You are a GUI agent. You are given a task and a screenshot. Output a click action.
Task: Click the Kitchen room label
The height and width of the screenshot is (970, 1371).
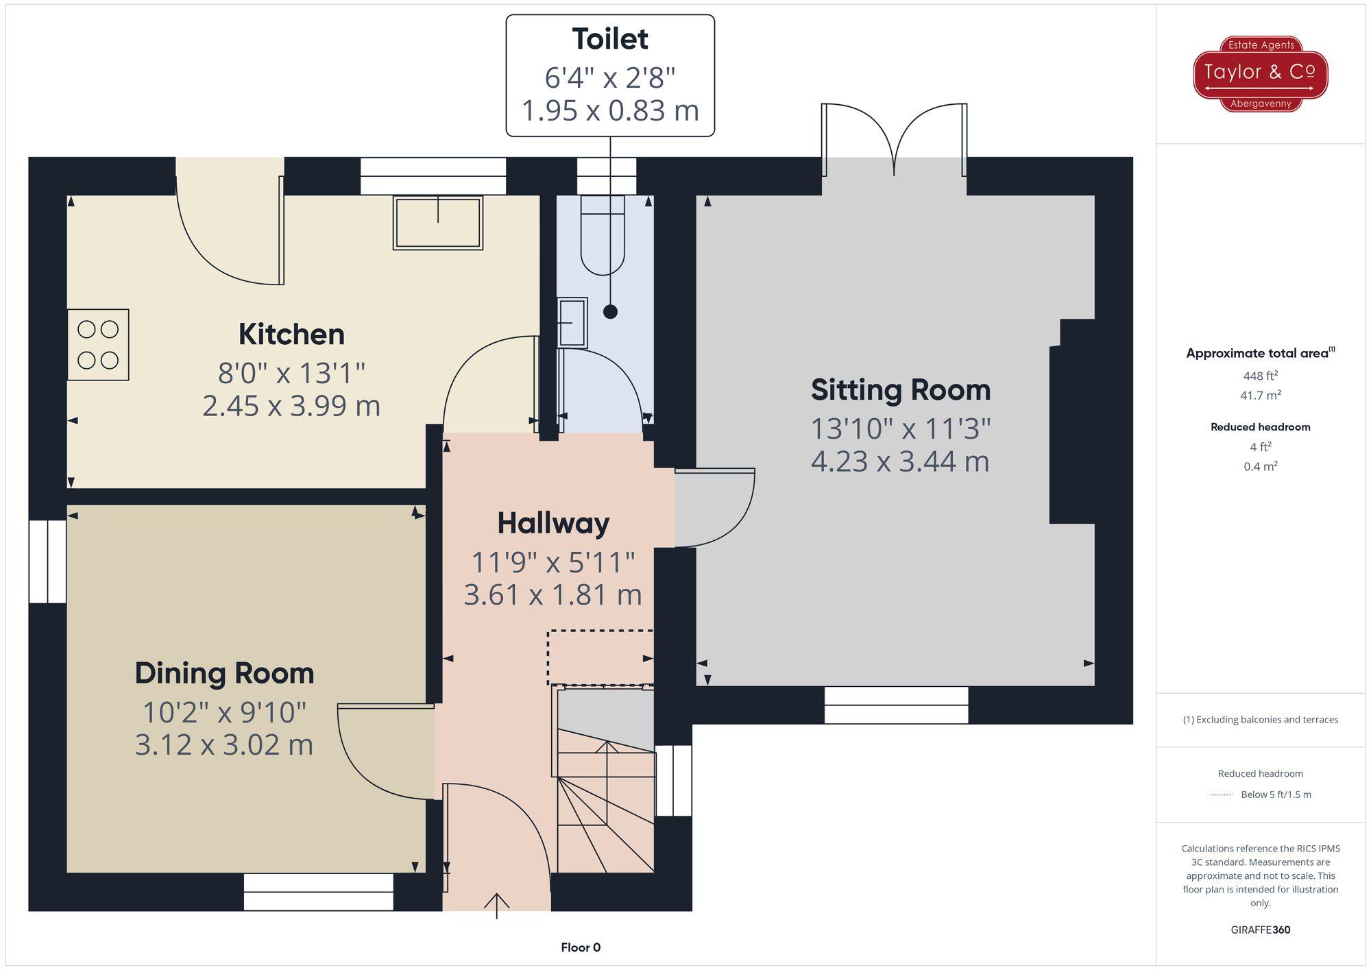(291, 335)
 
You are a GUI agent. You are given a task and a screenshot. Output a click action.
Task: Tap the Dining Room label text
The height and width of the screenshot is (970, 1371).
(224, 673)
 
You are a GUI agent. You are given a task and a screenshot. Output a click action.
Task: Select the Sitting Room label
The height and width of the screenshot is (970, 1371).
(901, 391)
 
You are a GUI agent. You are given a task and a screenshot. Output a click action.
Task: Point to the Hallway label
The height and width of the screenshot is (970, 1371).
(553, 524)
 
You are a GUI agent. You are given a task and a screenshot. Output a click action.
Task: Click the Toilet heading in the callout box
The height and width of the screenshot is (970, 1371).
(610, 39)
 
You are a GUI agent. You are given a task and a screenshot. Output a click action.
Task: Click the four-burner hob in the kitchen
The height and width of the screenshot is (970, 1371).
(98, 345)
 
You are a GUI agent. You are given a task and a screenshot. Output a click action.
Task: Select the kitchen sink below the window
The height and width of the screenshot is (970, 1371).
(438, 223)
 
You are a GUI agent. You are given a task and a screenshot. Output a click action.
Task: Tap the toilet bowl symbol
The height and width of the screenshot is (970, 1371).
(603, 235)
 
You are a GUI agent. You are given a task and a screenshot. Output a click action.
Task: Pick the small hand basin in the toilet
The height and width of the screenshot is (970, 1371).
(572, 322)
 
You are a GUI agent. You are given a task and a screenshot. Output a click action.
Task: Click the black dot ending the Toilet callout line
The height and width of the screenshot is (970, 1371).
(610, 312)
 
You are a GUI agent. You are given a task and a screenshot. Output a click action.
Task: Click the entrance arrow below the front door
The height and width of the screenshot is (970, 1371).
(496, 906)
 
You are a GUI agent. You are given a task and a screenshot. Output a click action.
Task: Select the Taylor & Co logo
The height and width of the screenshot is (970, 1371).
(1261, 74)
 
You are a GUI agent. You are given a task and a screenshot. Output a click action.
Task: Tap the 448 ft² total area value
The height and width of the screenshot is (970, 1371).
(1261, 376)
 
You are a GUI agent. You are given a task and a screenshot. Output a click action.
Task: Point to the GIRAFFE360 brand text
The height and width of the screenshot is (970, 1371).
(1261, 930)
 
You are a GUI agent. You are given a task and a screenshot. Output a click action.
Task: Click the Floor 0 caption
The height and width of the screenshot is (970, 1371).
(581, 947)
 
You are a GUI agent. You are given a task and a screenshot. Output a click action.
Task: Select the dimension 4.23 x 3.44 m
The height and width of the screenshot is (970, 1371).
(900, 461)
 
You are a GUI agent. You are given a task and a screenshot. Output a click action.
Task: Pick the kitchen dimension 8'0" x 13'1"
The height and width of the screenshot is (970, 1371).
(291, 374)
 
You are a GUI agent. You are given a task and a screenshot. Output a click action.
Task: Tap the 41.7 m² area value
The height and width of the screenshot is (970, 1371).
(1261, 396)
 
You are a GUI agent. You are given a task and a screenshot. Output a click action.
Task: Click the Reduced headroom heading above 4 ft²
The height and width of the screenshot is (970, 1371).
(1261, 427)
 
